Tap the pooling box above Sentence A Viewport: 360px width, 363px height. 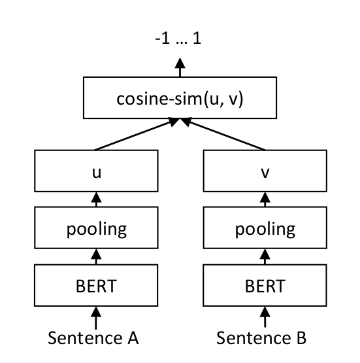tap(97, 230)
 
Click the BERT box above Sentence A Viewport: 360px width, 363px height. tap(97, 286)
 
